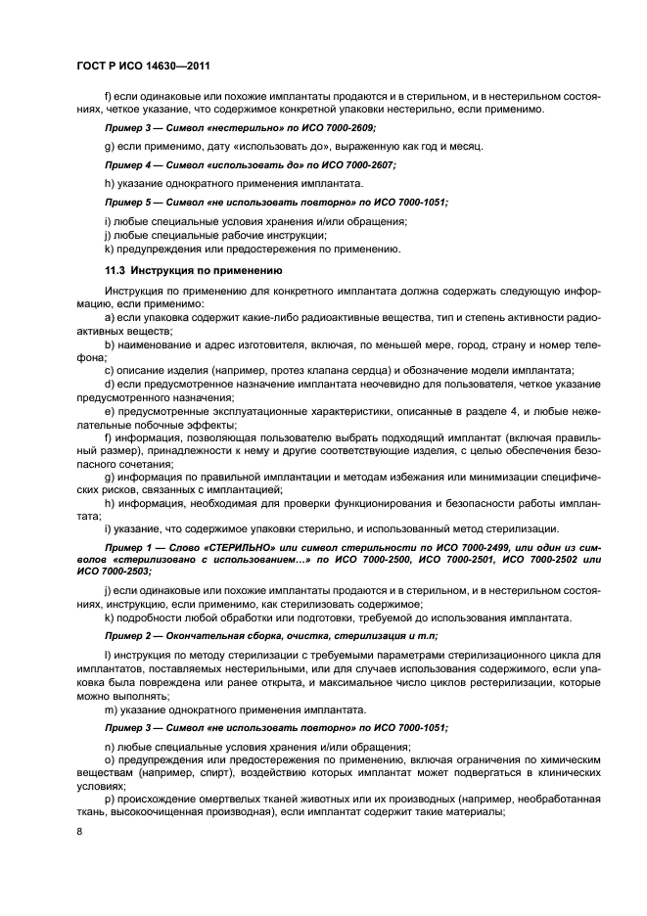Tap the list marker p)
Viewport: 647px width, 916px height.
(108, 799)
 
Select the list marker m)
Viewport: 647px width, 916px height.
(110, 709)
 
